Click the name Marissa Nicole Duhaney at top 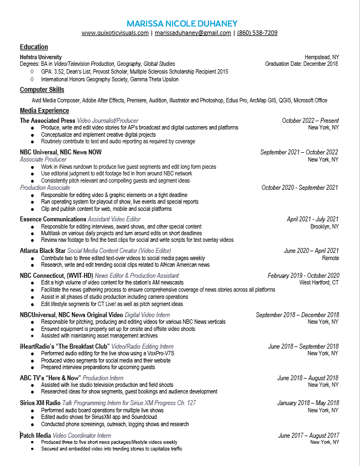(x=182, y=23)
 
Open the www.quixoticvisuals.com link (x=115, y=33)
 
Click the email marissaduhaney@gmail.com (x=193, y=33)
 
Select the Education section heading (x=34, y=47)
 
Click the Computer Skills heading (x=42, y=90)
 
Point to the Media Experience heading (x=44, y=111)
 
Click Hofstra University (x=41, y=57)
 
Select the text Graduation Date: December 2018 (x=302, y=64)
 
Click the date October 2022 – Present (x=310, y=121)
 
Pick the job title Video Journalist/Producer (x=108, y=121)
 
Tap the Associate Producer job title (x=43, y=159)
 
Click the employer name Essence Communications (x=53, y=220)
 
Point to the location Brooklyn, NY (x=325, y=227)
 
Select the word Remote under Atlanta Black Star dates (x=330, y=258)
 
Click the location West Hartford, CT (x=319, y=282)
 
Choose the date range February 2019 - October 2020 (x=303, y=276)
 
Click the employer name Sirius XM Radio (x=40, y=403)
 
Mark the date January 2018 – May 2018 (x=308, y=403)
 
